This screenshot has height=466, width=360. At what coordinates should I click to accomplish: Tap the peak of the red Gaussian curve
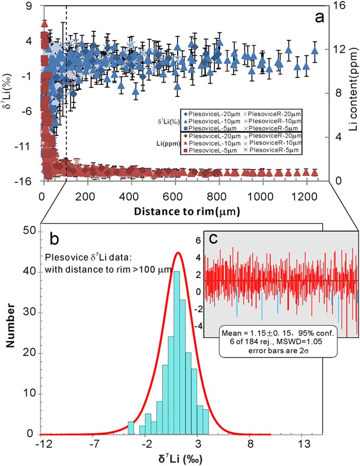point(178,253)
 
